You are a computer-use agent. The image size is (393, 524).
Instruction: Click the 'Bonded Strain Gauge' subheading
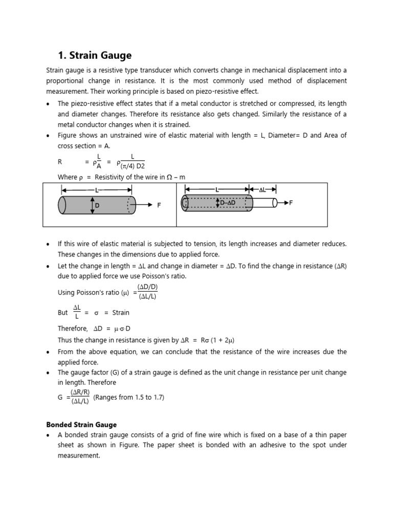click(81, 425)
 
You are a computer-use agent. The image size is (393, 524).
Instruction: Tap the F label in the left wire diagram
click(159, 205)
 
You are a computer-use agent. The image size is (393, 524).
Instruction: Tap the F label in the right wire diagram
click(291, 203)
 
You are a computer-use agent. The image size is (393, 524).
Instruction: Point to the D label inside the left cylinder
click(97, 206)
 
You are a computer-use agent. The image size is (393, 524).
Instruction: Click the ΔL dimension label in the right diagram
click(262, 189)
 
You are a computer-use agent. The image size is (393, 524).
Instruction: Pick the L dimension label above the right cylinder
click(217, 189)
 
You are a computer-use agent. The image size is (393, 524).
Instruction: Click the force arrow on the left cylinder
click(144, 205)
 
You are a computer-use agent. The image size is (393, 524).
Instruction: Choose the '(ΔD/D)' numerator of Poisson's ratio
click(147, 287)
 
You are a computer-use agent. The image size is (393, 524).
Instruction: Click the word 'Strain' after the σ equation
click(121, 312)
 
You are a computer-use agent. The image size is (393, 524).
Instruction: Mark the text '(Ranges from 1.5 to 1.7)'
click(129, 397)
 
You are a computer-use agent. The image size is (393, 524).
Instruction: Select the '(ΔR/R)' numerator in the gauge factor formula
click(81, 392)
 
